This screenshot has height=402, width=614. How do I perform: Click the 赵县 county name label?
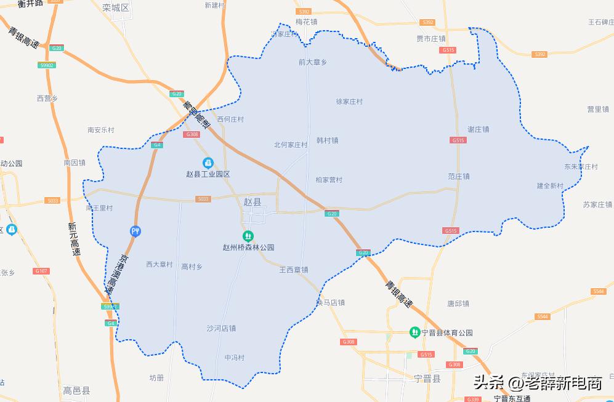(252, 202)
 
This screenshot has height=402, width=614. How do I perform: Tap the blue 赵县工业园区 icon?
(208, 163)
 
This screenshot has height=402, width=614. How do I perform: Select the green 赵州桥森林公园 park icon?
(248, 235)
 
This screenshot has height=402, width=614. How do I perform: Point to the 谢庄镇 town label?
(478, 129)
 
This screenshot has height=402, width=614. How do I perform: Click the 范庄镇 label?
(459, 176)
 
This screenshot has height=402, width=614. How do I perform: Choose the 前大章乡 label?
(312, 62)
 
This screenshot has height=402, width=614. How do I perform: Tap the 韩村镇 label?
(327, 140)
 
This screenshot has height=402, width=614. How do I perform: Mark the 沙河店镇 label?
(221, 328)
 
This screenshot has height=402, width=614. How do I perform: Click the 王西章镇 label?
(293, 269)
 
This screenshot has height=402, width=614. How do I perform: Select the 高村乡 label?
(192, 267)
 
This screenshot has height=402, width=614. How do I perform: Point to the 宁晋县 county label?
(427, 379)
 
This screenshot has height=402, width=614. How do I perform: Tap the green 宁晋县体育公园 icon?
(415, 332)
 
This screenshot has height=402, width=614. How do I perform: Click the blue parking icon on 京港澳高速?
(136, 231)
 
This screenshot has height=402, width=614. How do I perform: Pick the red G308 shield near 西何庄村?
(192, 134)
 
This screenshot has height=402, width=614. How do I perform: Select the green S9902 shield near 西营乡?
(47, 65)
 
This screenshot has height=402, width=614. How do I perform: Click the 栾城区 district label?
(116, 7)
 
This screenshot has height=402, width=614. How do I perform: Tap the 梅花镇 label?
(306, 22)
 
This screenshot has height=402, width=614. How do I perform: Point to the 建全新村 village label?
(550, 185)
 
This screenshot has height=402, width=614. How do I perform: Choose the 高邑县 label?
(77, 390)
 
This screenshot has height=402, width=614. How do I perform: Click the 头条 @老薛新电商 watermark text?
(537, 383)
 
